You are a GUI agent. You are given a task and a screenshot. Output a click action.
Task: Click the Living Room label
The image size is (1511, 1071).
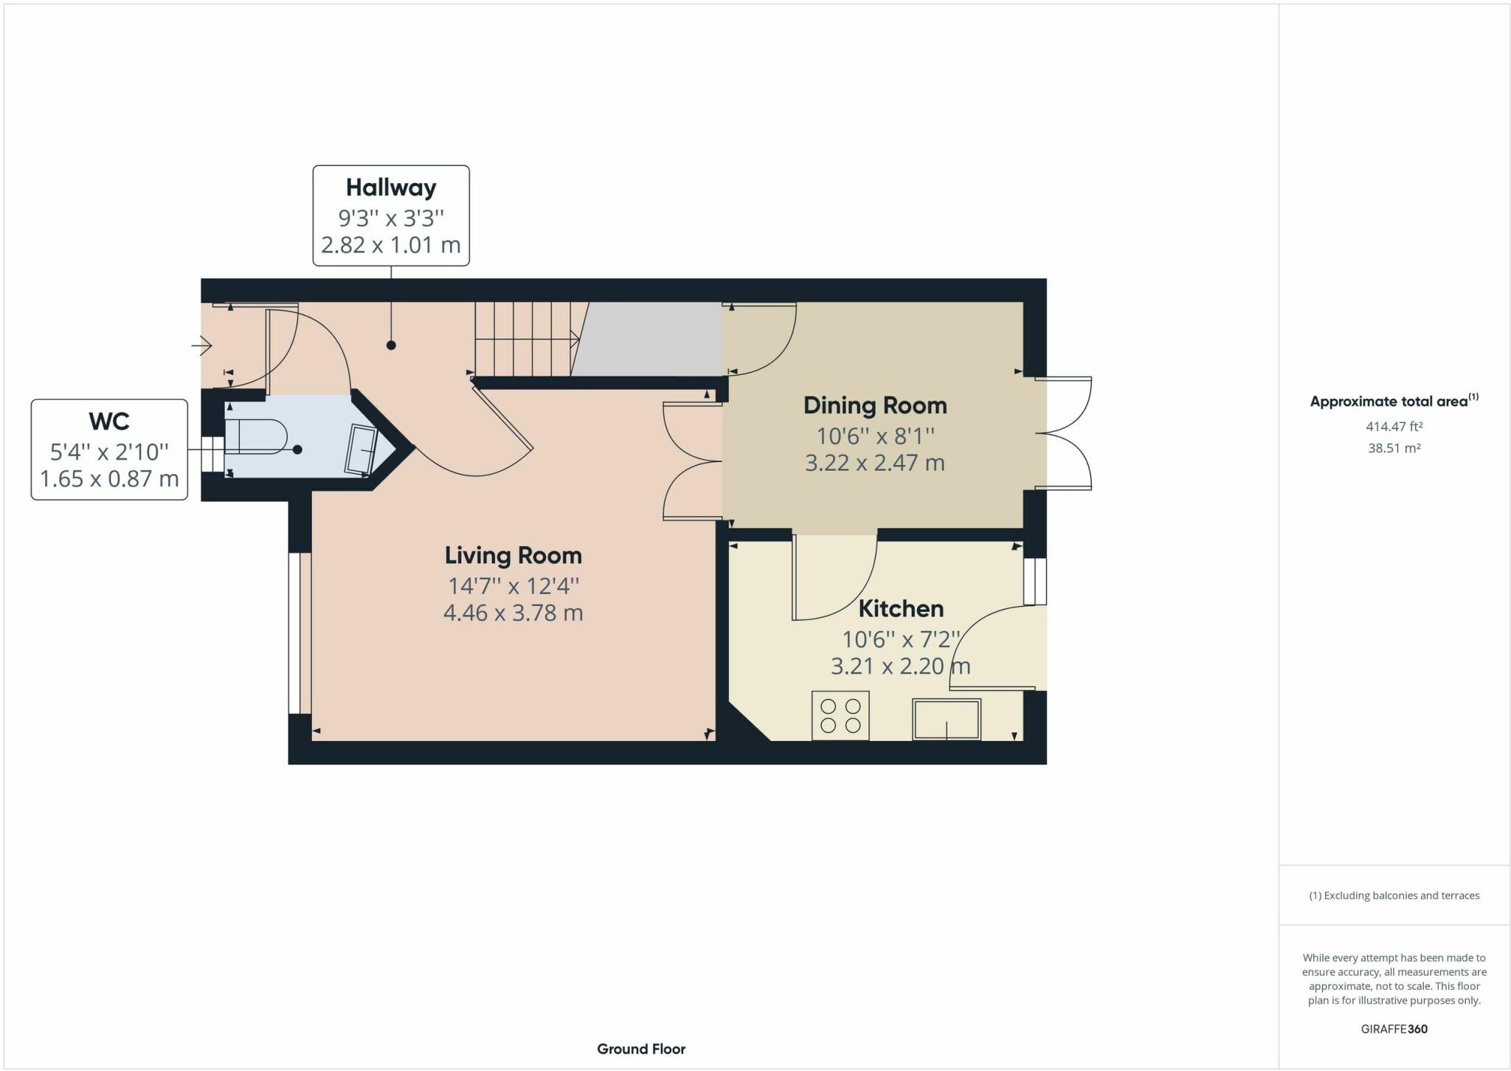[x=513, y=555]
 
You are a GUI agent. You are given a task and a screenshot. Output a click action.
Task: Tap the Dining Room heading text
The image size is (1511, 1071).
[x=874, y=405]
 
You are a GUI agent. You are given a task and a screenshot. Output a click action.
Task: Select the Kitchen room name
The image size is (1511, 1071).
[x=901, y=608]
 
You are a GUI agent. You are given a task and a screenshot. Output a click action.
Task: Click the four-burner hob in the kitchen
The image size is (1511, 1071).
[x=840, y=715]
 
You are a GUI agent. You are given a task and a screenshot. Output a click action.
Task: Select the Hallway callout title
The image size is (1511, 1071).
[x=391, y=187]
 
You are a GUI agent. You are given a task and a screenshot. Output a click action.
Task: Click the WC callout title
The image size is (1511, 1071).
[x=109, y=421]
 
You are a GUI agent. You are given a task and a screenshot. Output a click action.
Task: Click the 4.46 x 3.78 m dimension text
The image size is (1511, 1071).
[x=513, y=613]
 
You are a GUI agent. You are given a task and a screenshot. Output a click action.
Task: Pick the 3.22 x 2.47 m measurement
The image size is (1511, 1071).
[x=874, y=463]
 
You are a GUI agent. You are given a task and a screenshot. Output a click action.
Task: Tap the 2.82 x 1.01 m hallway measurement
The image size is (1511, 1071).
[x=391, y=244]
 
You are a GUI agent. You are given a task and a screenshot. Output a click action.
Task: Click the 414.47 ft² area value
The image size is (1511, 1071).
[x=1394, y=426]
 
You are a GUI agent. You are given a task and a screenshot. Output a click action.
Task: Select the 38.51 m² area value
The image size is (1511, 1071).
[x=1394, y=448]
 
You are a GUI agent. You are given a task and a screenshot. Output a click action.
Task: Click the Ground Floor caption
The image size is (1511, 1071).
[x=641, y=1049]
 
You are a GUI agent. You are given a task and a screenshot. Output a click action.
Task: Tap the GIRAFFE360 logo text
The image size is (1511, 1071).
[x=1394, y=1029]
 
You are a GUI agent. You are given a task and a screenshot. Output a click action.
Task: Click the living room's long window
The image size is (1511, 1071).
[x=299, y=633]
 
